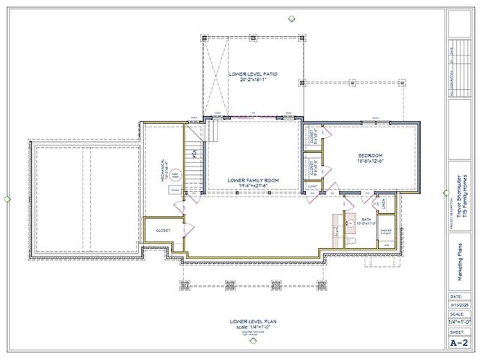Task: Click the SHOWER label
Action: [385, 231]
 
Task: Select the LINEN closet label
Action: [384, 202]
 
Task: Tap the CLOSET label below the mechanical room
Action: [163, 230]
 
